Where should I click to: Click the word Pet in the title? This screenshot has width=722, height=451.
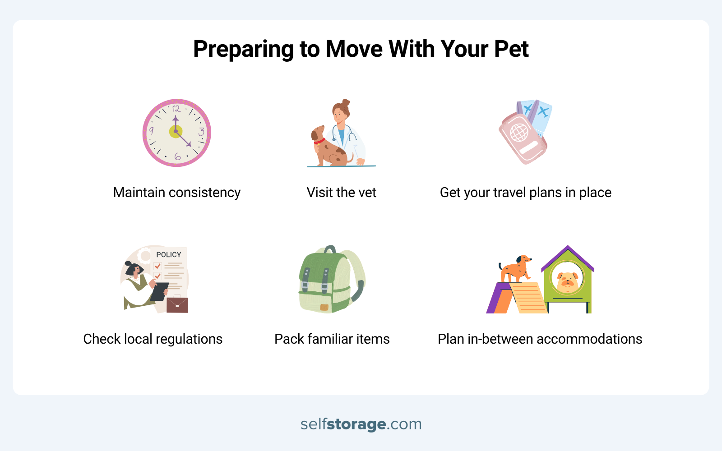[511, 49]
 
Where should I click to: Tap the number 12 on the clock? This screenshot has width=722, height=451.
[176, 109]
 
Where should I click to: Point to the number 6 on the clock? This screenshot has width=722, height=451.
[177, 156]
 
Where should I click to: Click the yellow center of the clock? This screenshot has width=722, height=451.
[176, 132]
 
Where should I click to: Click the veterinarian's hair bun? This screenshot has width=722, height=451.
[346, 103]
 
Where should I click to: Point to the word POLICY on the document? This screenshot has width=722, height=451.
[169, 255]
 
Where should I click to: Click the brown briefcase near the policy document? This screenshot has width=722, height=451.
[177, 305]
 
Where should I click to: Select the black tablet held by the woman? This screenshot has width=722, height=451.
[159, 291]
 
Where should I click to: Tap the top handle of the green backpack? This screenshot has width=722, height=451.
[330, 249]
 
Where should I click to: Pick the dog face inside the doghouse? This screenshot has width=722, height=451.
[567, 281]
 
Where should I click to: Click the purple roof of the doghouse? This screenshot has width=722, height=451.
[568, 255]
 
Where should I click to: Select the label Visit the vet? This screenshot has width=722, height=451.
[341, 193]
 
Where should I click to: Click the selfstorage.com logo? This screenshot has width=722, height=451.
[361, 424]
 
